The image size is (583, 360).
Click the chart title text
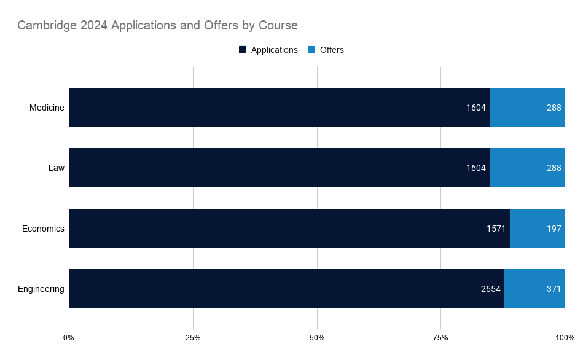[x=157, y=26]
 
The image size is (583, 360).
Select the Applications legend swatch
[x=243, y=50]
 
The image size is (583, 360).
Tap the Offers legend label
[x=332, y=50]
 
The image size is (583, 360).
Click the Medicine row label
[x=47, y=108]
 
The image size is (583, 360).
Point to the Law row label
[x=56, y=168]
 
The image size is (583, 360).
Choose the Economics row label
[x=43, y=229]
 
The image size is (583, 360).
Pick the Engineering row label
[x=41, y=289]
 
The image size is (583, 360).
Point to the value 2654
[x=491, y=289]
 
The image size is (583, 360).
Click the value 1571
[x=496, y=229]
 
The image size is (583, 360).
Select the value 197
[x=554, y=229]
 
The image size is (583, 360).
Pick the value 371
[x=554, y=289]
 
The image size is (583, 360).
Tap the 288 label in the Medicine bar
[x=554, y=108]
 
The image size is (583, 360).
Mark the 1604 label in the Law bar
[x=476, y=168]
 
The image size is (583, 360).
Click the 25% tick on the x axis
[x=193, y=338]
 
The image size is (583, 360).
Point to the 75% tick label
[x=440, y=338]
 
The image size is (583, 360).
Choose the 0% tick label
[x=69, y=338]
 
